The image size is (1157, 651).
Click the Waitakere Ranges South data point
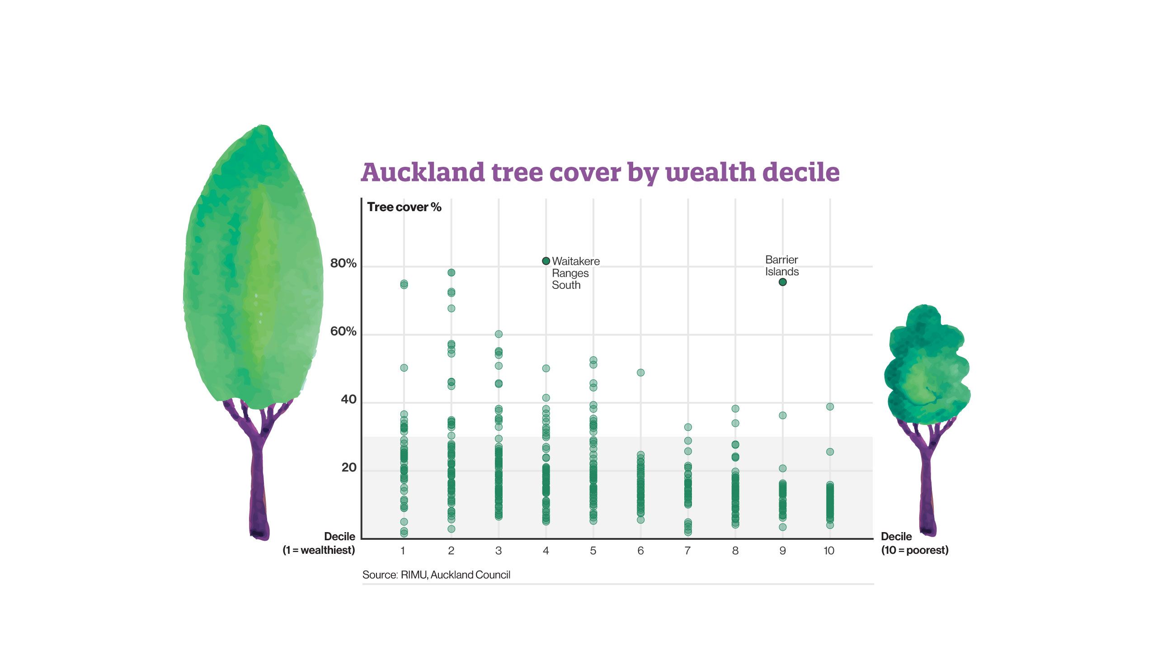[546, 261]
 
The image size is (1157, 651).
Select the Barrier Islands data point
[783, 282]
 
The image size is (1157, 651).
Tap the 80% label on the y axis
[343, 263]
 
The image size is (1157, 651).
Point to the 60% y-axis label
[343, 331]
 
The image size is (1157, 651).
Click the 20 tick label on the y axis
[348, 467]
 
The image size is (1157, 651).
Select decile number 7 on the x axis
[687, 551]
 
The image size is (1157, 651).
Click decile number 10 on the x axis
[829, 551]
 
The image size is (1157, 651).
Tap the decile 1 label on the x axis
[403, 551]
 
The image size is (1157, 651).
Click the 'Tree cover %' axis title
[404, 207]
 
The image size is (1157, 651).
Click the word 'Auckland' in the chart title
[423, 172]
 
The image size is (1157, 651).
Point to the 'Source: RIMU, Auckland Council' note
[436, 575]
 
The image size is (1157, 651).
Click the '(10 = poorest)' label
[914, 550]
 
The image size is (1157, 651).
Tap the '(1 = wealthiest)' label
[319, 550]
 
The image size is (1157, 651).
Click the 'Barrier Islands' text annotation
[781, 265]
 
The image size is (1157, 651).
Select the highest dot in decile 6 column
[640, 373]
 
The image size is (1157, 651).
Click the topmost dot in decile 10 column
[830, 406]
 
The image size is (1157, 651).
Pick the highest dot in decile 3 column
[499, 334]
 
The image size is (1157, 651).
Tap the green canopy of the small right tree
[927, 366]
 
